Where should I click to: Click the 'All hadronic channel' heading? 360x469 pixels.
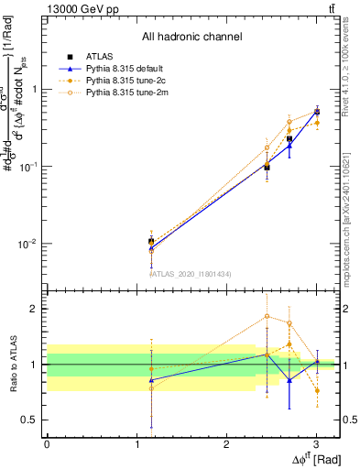pos(191,37)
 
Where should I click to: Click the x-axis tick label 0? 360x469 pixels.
pos(47,443)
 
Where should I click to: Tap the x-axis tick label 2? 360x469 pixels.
pos(226,443)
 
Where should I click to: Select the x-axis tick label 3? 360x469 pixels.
pos(316,443)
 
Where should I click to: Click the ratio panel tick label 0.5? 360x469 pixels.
pos(29,420)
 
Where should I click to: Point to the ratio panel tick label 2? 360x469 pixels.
pos(33,309)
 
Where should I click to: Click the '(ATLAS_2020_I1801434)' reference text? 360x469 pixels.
pos(191,273)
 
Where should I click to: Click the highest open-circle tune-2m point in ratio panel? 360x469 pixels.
pos(267,316)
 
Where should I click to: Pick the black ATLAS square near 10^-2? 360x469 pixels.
pos(151,241)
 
